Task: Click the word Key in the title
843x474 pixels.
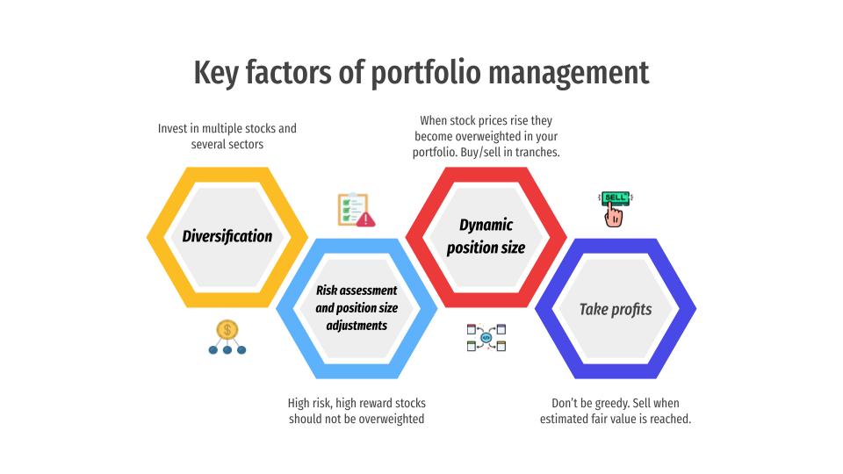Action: pyautogui.click(x=216, y=73)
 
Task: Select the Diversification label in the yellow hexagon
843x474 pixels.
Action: pyautogui.click(x=227, y=236)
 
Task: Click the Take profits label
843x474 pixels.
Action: pyautogui.click(x=616, y=309)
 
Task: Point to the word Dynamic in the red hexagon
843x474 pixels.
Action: pyautogui.click(x=486, y=225)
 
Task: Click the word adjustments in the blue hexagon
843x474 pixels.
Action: pyautogui.click(x=357, y=326)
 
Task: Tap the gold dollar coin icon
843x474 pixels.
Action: pyautogui.click(x=227, y=329)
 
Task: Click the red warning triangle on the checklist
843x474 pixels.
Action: pyautogui.click(x=366, y=219)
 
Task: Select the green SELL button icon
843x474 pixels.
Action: pyautogui.click(x=615, y=197)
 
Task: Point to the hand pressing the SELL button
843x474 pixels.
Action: pyautogui.click(x=614, y=216)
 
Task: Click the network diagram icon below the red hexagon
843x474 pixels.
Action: pyautogui.click(x=486, y=337)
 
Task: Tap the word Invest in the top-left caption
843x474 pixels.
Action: pyautogui.click(x=172, y=128)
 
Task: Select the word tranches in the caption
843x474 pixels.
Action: pyautogui.click(x=537, y=152)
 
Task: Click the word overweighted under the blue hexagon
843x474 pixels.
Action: pyautogui.click(x=392, y=420)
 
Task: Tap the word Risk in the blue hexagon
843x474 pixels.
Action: pyautogui.click(x=327, y=291)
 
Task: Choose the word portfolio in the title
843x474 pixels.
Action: pyautogui.click(x=426, y=73)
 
